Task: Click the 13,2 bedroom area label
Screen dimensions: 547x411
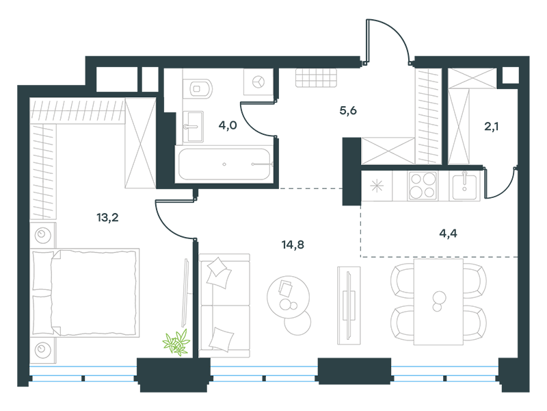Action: pos(107,218)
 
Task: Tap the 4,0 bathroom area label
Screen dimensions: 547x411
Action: pos(228,125)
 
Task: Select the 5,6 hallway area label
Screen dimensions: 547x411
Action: pos(348,111)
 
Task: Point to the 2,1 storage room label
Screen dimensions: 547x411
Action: pos(491,126)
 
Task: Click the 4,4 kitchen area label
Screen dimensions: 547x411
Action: pos(449,233)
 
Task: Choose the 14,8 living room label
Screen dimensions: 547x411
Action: pos(293,245)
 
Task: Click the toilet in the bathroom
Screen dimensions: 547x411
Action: pos(197,88)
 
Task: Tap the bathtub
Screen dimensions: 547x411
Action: pos(226,164)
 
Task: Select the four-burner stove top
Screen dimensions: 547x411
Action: pos(423,186)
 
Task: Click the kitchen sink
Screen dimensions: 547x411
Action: pos(464,187)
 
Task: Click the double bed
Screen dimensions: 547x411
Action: pos(85,292)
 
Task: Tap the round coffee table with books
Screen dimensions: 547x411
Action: pos(288,297)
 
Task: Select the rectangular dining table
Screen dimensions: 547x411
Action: pos(438,301)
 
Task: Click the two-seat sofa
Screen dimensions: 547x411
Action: pos(225,306)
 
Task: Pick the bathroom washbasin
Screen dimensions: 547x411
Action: pos(194,127)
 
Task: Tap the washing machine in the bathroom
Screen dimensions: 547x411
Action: pos(258,82)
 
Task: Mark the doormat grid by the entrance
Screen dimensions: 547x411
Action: pos(317,77)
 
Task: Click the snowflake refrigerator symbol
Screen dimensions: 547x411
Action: pos(377,186)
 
